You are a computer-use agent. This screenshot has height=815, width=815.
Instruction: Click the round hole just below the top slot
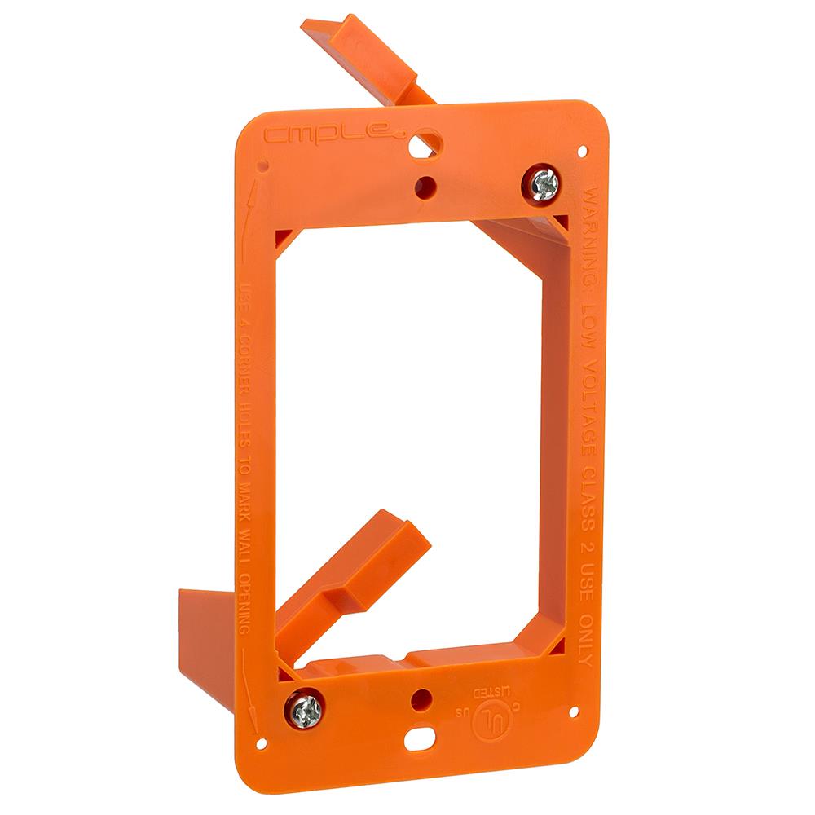click(x=424, y=186)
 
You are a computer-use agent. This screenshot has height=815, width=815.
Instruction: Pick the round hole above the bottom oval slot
click(x=420, y=698)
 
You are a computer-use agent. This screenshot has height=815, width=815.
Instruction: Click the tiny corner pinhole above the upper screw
click(x=583, y=151)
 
